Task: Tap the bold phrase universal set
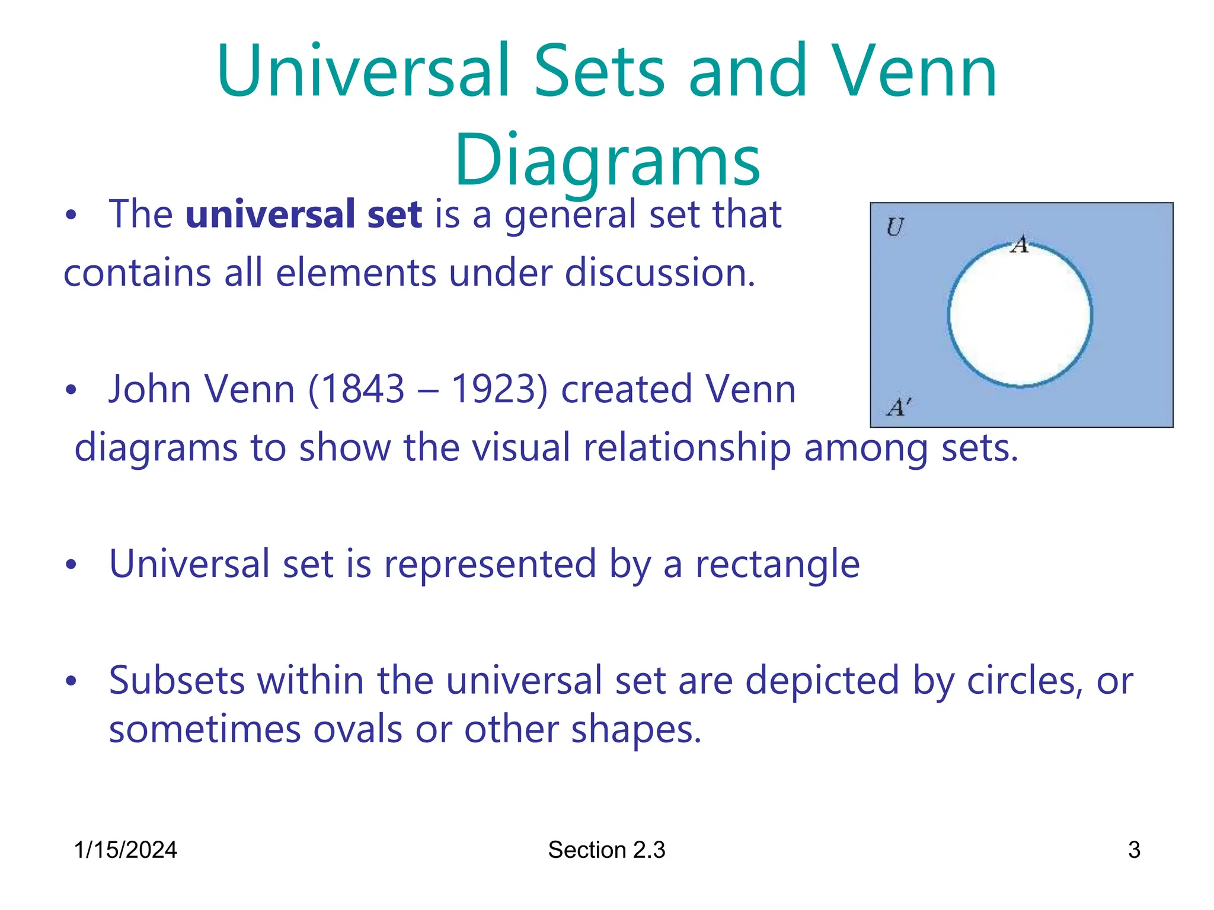tap(303, 214)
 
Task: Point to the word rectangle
tap(777, 564)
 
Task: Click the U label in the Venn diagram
tap(894, 227)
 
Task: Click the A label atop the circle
tap(1020, 244)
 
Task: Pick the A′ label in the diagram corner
tap(897, 407)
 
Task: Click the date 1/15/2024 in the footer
tap(125, 850)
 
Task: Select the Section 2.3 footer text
tap(606, 850)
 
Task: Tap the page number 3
tap(1134, 850)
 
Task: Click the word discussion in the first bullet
tap(660, 273)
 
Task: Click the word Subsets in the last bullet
tap(177, 681)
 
